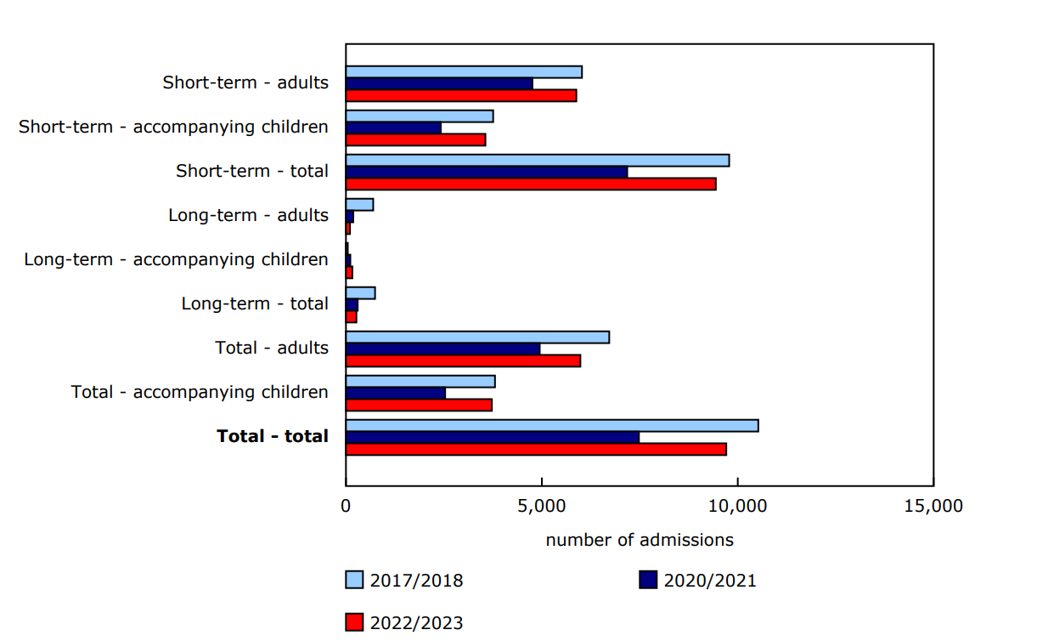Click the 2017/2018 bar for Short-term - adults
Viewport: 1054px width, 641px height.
[464, 72]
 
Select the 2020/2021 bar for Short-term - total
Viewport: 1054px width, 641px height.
[487, 172]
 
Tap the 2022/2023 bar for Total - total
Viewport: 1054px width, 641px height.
[536, 449]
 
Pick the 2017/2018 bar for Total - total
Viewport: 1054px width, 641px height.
[552, 426]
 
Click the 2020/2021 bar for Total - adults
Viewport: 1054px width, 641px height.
[442, 349]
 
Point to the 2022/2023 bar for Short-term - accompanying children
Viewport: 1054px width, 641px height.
[415, 139]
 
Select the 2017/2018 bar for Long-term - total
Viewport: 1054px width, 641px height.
[360, 293]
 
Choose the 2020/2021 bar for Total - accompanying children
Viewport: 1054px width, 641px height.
[396, 393]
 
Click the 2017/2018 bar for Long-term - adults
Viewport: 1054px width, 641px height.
[359, 205]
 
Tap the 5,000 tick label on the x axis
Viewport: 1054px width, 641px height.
[542, 507]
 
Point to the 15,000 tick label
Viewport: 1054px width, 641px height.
[933, 507]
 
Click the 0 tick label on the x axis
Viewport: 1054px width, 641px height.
[346, 507]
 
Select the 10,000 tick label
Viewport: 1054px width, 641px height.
[737, 507]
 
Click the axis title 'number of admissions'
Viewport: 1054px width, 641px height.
[640, 540]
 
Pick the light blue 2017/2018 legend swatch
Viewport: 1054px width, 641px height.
[354, 581]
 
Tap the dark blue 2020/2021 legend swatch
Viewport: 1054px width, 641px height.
[648, 581]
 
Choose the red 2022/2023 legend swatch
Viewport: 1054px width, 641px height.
[354, 622]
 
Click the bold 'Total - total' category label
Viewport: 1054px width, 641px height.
[273, 436]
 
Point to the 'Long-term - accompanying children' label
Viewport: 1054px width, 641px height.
[176, 259]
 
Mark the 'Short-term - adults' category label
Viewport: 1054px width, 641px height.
[245, 82]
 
